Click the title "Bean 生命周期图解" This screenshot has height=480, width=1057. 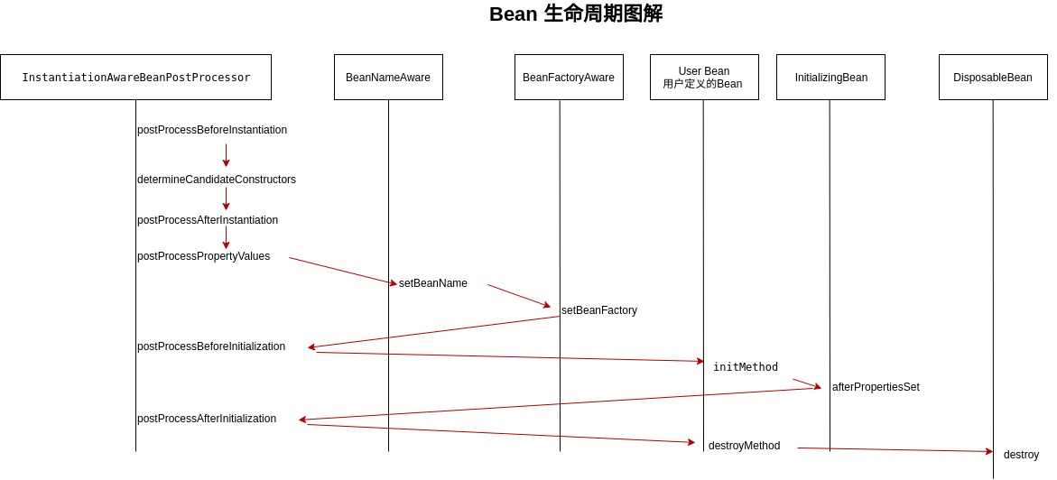point(577,14)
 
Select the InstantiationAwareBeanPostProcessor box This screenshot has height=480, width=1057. point(135,78)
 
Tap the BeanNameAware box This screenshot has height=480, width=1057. point(388,78)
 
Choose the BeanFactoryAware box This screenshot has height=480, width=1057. point(569,78)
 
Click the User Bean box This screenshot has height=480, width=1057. point(704,78)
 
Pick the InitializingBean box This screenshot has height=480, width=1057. point(830,78)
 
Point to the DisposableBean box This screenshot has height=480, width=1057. point(993,78)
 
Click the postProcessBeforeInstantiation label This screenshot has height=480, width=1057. point(212,130)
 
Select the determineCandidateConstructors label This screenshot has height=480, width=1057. point(217,180)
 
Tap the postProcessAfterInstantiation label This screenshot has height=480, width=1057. point(208,220)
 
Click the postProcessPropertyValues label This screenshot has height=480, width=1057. point(204,256)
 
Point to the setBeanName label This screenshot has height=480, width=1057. point(432,283)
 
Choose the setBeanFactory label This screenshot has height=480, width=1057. point(599,310)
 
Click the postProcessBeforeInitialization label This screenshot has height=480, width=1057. point(211,346)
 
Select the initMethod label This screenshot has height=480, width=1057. point(746,366)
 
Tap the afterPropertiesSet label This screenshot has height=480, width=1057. point(876,387)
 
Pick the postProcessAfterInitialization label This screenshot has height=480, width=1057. point(207,419)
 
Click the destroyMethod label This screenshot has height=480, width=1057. point(744,446)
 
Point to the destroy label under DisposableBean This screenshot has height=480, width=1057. point(1021,455)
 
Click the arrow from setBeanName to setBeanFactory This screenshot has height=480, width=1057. point(519,296)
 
